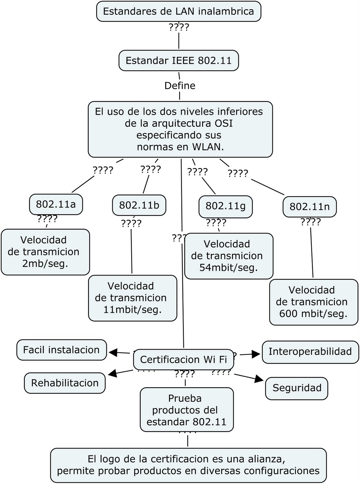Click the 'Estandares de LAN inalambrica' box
[178, 11]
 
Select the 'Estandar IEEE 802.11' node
[178, 60]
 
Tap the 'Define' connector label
[180, 86]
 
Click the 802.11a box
[56, 204]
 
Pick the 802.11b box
[139, 205]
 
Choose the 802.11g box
[225, 206]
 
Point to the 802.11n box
[309, 207]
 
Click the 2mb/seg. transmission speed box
[45, 252]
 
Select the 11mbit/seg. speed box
[132, 298]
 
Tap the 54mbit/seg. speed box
[229, 256]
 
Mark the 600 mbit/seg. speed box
[313, 302]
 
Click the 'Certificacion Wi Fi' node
[183, 359]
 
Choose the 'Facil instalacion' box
[61, 350]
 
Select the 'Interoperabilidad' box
[310, 352]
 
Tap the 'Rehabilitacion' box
[65, 383]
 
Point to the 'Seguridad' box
[297, 388]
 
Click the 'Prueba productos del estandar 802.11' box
[187, 410]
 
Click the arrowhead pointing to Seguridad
[259, 379]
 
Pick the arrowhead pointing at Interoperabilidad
[257, 354]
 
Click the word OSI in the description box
[223, 123]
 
